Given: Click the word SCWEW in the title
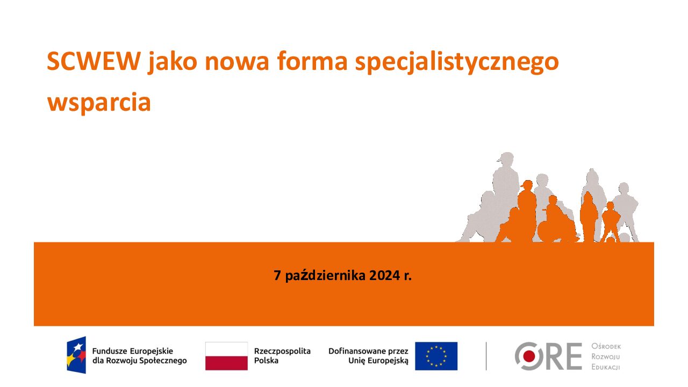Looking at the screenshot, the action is click(x=94, y=61).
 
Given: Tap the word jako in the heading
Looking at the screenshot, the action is click(x=172, y=62).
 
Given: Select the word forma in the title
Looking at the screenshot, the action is click(x=312, y=61).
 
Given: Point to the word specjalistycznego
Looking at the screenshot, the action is click(x=457, y=62).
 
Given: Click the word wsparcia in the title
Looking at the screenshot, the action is click(x=99, y=103).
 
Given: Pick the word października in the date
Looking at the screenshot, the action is click(x=325, y=276).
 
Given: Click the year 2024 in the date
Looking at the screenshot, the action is click(x=384, y=276).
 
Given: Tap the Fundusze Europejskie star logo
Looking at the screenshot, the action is click(x=76, y=355).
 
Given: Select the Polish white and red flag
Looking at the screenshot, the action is click(x=226, y=356).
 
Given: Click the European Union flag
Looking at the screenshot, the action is click(x=436, y=356).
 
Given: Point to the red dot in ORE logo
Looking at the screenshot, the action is click(x=529, y=356).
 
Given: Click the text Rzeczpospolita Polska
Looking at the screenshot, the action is click(x=282, y=356).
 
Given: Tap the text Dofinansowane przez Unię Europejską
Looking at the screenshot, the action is click(x=368, y=356).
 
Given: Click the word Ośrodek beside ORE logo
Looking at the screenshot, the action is click(x=606, y=346).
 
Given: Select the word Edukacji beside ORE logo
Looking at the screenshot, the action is click(x=606, y=367).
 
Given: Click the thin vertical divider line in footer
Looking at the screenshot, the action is click(x=486, y=356).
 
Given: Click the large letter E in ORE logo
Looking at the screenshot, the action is click(x=574, y=356).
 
